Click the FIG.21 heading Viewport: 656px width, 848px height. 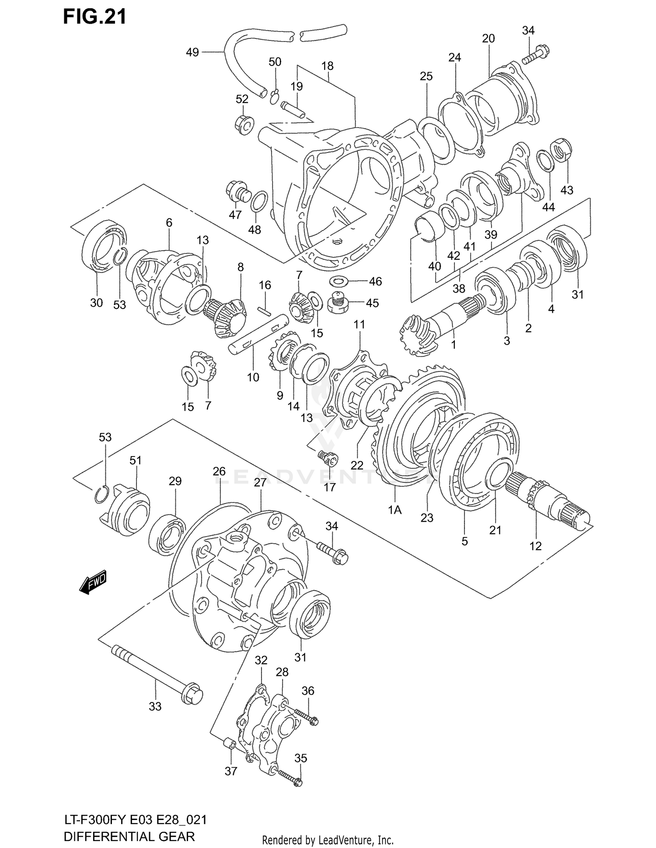coord(94,16)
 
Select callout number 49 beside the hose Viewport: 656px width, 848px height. coord(192,53)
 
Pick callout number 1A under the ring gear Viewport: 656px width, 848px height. coord(394,510)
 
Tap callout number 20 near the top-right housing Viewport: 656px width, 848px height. coord(489,38)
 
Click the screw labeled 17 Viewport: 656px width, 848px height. coord(327,458)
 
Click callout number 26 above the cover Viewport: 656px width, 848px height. coord(219,472)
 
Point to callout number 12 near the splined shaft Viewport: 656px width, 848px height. coord(535,546)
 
